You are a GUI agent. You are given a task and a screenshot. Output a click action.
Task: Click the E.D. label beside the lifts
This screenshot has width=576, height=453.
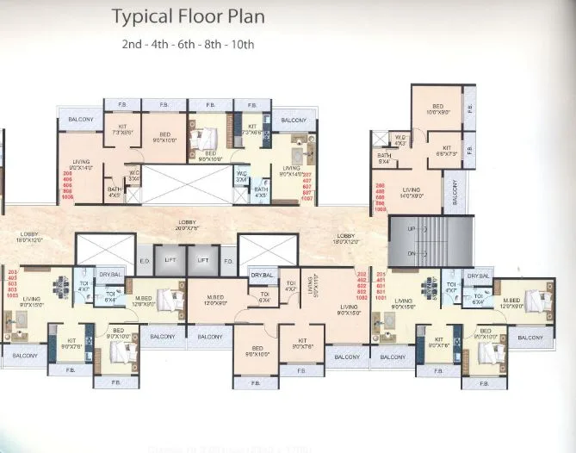pos(144,260)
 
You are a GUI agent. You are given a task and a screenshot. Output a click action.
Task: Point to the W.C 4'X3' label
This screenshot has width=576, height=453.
pos(400,139)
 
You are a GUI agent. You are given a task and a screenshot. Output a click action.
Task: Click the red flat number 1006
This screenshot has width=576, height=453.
pos(67,197)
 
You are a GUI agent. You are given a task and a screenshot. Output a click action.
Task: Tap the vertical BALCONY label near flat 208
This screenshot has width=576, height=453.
pos(456,194)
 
